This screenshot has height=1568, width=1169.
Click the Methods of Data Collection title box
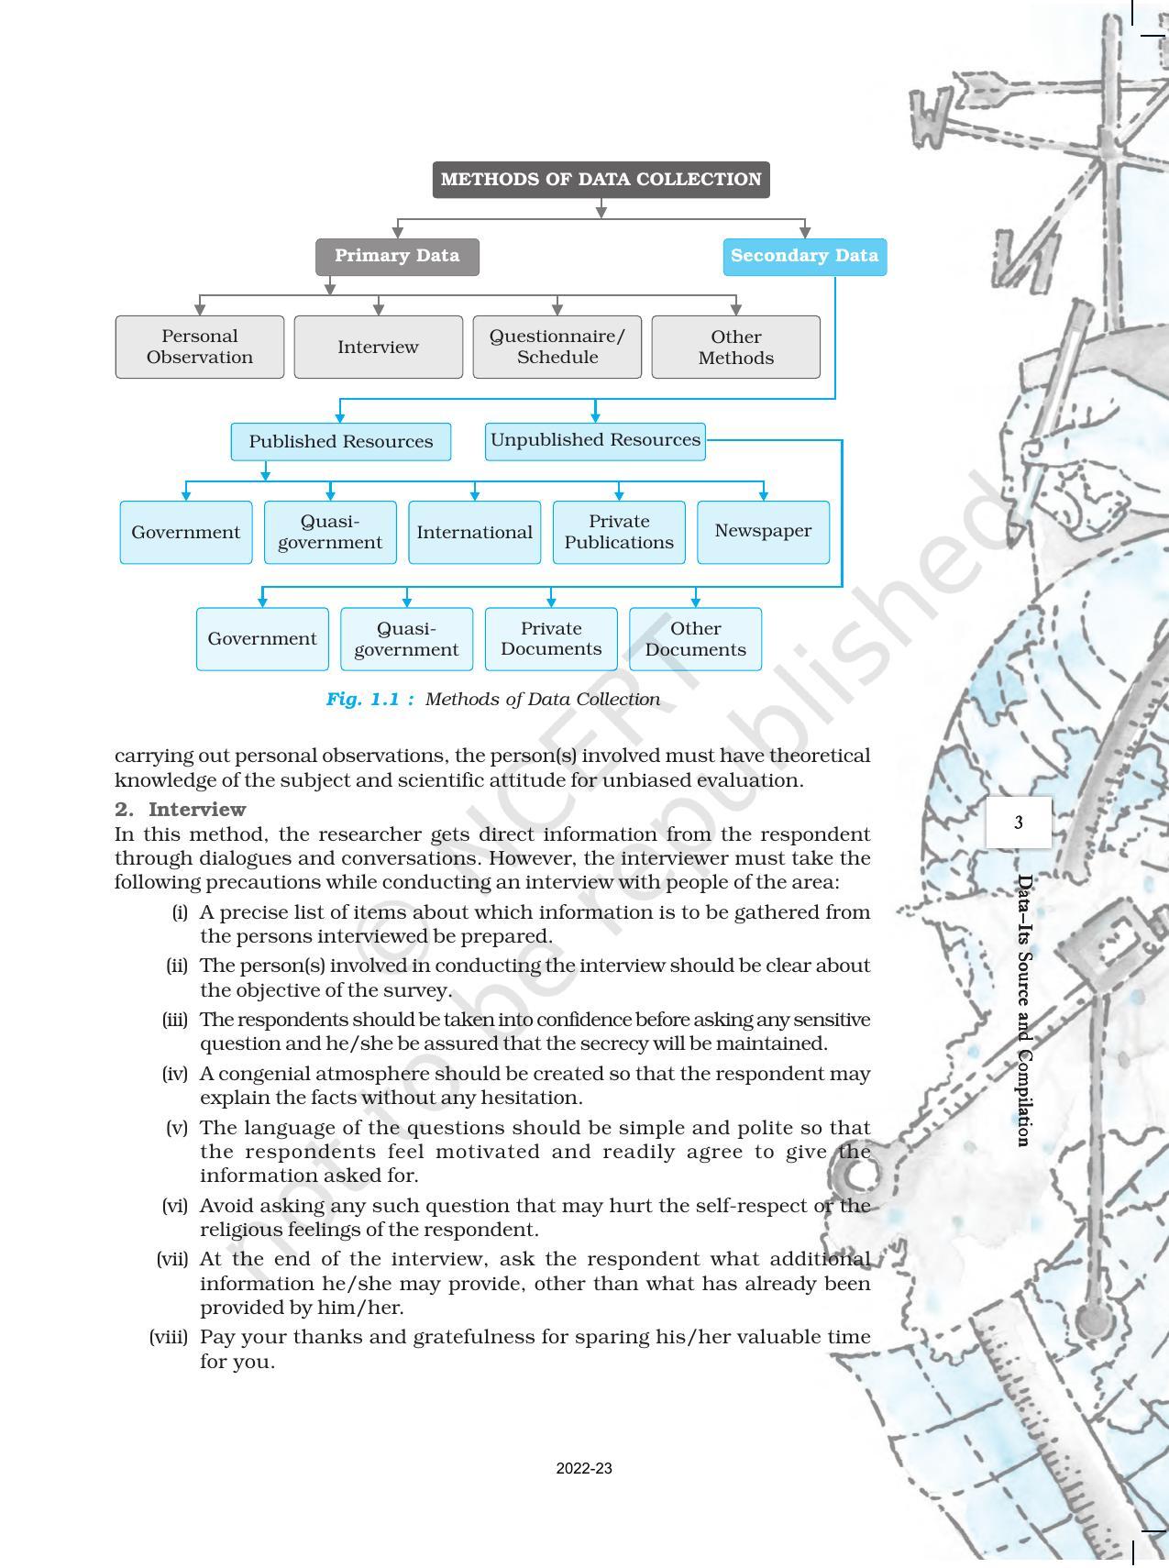[601, 180]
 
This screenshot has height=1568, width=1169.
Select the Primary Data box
[397, 256]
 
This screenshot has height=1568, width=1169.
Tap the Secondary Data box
[804, 256]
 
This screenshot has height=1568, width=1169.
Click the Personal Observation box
[200, 347]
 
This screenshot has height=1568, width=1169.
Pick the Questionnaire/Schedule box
[557, 347]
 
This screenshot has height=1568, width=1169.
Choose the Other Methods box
[735, 347]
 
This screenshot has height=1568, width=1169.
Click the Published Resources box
[340, 441]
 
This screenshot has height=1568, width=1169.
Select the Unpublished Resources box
[595, 440]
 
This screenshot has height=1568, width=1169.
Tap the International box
[474, 532]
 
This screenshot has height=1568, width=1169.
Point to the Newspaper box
[763, 531]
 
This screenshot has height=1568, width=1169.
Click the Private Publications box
[619, 532]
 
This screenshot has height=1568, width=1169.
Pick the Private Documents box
[551, 638]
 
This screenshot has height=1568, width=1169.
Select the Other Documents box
[695, 638]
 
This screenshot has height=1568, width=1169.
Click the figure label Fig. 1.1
[369, 700]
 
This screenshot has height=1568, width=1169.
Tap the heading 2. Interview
[181, 810]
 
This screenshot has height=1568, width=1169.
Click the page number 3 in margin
[1019, 823]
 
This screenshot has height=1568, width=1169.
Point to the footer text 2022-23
[584, 1468]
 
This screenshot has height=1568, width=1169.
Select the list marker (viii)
[169, 1337]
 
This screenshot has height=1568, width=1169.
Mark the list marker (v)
[177, 1128]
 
